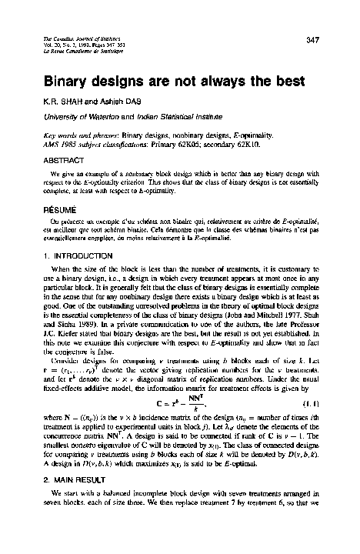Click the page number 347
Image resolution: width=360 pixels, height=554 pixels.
coord(312,39)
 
